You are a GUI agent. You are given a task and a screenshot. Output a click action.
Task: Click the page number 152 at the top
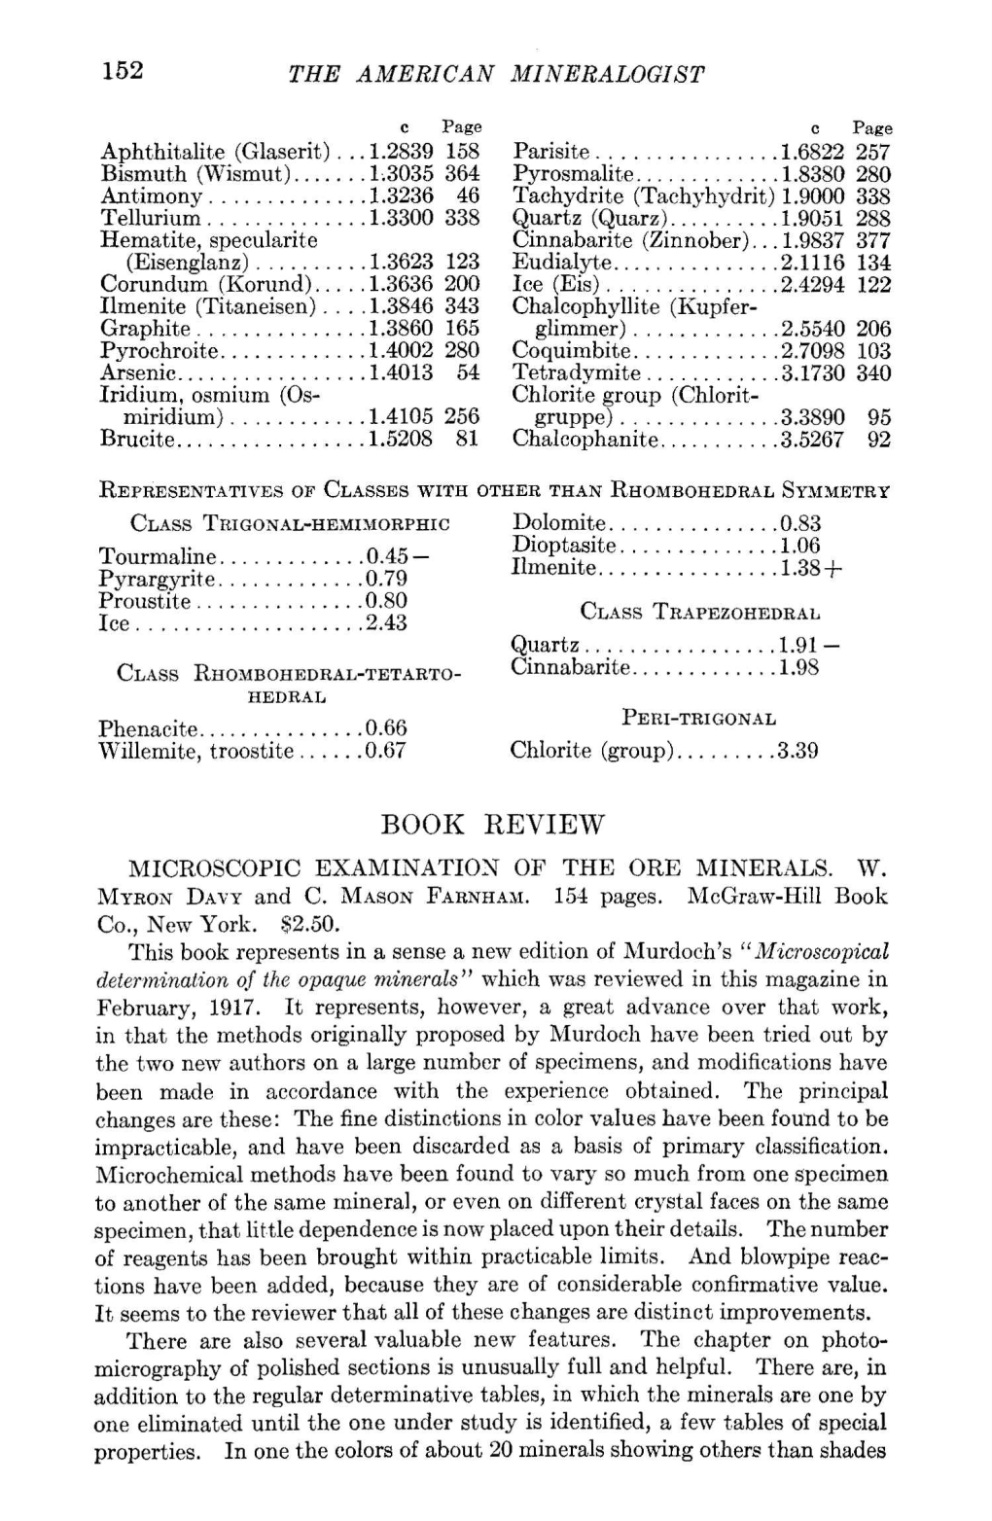click(122, 70)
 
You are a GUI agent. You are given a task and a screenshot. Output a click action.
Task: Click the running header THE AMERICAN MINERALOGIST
click(496, 73)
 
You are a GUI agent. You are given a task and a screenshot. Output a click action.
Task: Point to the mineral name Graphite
click(146, 329)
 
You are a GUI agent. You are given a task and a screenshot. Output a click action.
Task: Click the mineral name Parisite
click(550, 153)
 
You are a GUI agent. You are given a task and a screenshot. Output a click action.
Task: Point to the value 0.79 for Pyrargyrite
click(386, 580)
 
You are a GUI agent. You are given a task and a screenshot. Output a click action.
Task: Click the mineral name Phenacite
click(149, 729)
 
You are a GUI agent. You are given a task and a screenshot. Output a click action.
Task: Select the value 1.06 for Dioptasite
click(800, 546)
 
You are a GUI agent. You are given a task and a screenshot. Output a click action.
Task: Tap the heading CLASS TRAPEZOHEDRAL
click(700, 613)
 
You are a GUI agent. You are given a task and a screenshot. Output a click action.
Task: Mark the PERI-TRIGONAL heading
click(699, 720)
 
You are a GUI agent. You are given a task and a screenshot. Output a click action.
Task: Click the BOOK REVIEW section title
click(495, 825)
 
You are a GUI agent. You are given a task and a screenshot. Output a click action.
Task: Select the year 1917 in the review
click(232, 1006)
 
